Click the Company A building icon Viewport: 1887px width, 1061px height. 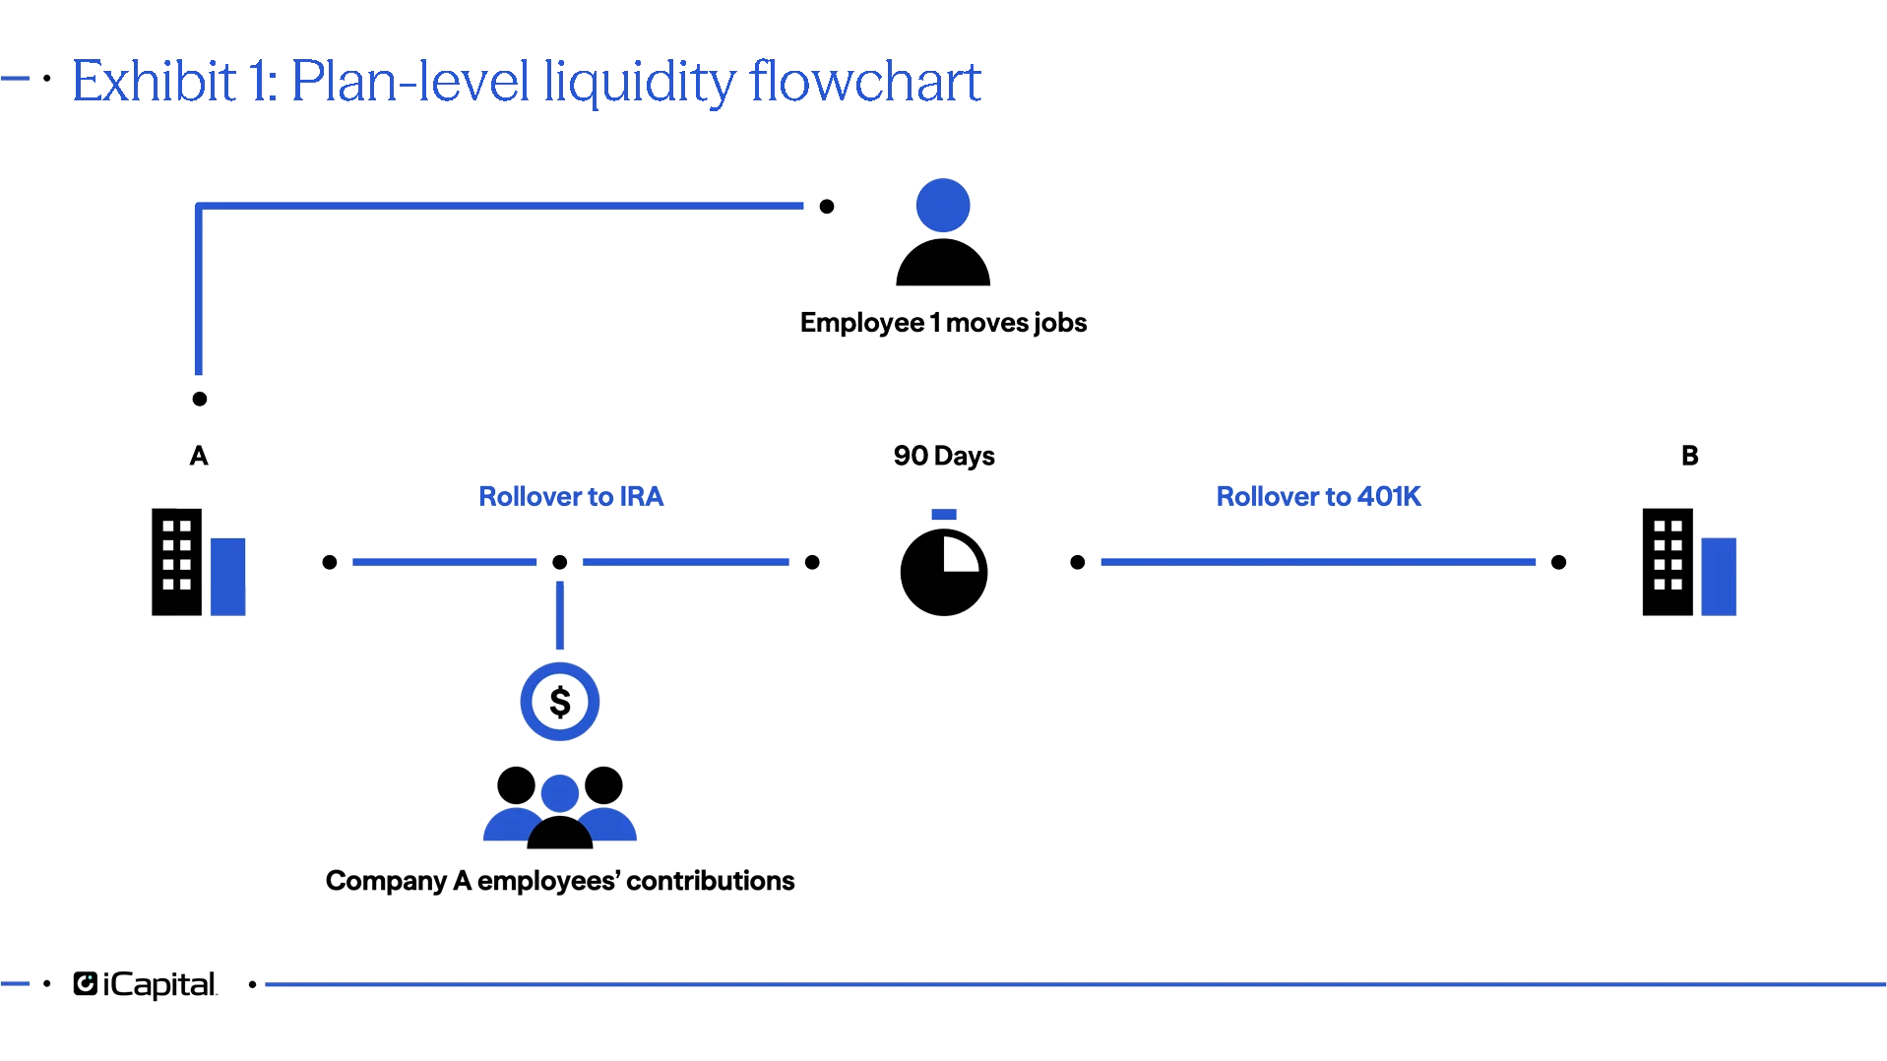[x=200, y=563]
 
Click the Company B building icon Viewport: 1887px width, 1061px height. [x=1688, y=563]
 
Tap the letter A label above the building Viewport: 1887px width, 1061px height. [x=200, y=456]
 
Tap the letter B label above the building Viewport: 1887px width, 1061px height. [x=1689, y=455]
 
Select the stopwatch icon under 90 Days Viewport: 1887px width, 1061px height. [x=943, y=571]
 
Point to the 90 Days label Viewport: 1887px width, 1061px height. [x=944, y=456]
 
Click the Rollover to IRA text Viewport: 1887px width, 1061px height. [x=572, y=496]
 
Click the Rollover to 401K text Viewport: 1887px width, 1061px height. [x=1318, y=496]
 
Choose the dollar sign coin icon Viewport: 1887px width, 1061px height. [x=560, y=702]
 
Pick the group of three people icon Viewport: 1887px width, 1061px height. [x=559, y=807]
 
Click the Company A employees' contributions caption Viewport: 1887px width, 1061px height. [x=559, y=880]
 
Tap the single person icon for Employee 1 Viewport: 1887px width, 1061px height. [x=942, y=236]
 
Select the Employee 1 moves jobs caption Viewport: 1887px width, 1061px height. [x=942, y=323]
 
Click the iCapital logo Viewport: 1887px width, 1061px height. [x=144, y=984]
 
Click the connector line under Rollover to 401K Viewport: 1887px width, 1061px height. [x=1317, y=561]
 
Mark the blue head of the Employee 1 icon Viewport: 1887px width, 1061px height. [x=942, y=205]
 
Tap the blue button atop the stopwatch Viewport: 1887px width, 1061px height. [x=944, y=514]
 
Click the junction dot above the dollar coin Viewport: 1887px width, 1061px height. [x=559, y=562]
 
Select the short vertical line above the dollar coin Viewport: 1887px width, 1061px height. [x=560, y=615]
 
